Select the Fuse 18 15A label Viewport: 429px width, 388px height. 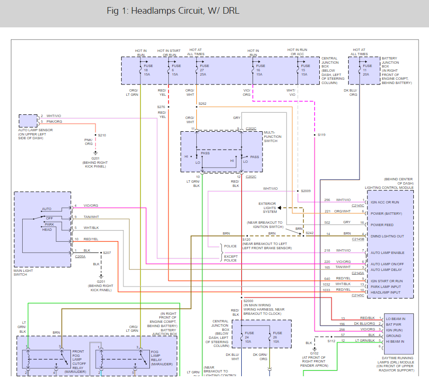tap(149, 70)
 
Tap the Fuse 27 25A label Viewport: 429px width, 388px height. tap(204, 70)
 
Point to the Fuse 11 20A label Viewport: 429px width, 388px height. tap(367, 70)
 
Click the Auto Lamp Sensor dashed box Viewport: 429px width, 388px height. tap(28, 121)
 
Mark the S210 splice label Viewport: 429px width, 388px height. tap(102, 135)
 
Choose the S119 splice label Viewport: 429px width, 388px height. tap(322, 135)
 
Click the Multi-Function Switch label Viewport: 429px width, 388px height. tap(272, 136)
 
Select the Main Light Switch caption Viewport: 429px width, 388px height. tap(23, 272)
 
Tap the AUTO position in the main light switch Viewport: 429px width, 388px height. tap(46, 209)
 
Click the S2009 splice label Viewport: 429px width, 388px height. tap(306, 191)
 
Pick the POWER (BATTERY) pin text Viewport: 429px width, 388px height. tap(386, 213)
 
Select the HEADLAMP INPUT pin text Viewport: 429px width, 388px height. tap(385, 293)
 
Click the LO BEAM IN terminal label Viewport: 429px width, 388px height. tap(395, 319)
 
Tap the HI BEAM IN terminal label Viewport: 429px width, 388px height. tap(395, 342)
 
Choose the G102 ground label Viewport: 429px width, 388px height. tap(315, 354)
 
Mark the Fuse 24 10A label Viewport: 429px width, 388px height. tap(249, 337)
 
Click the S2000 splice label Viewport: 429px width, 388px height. tap(248, 301)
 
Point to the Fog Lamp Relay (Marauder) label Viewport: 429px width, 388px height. tap(162, 358)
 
